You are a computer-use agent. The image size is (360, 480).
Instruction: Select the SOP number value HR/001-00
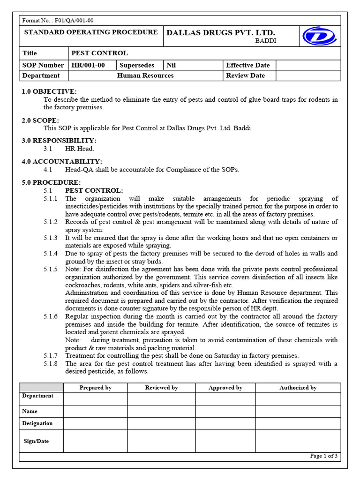(88, 65)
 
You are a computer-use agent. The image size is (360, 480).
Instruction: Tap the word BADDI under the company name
(265, 41)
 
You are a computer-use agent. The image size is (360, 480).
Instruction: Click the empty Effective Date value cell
(308, 65)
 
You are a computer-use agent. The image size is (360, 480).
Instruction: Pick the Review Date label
(245, 75)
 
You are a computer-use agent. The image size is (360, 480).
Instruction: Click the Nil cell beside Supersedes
(171, 65)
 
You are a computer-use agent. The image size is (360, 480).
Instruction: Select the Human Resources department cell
(145, 75)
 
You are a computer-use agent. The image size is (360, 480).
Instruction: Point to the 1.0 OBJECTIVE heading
(49, 91)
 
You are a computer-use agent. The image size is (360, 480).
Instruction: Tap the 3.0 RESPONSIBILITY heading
(59, 141)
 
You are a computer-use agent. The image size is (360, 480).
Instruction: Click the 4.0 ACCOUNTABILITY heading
(62, 161)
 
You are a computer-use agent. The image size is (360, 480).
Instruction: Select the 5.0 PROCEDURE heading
(51, 182)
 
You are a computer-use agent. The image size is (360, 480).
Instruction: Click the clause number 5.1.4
(51, 254)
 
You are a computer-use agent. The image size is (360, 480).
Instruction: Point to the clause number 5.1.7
(51, 356)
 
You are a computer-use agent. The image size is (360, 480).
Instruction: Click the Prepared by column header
(95, 388)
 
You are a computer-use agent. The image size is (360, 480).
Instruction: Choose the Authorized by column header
(298, 388)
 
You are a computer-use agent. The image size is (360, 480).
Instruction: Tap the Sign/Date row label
(36, 441)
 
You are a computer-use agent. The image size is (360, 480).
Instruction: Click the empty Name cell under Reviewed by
(161, 411)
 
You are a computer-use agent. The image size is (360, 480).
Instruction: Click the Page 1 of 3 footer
(323, 456)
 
